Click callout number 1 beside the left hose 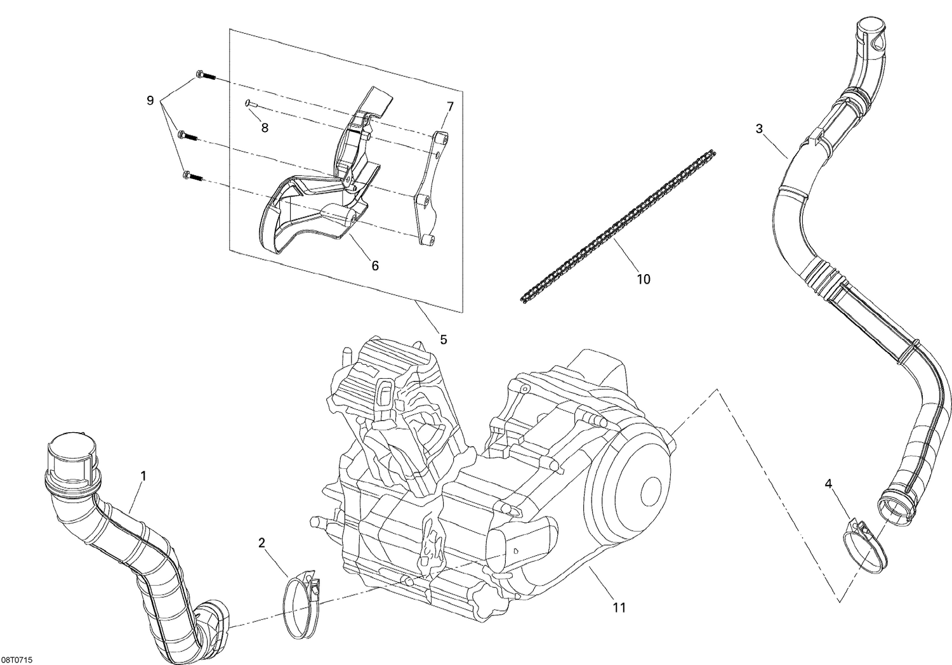pos(143,475)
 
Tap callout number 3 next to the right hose pos(759,129)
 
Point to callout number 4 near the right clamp pos(828,484)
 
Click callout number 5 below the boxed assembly pos(444,339)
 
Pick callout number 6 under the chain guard pos(375,266)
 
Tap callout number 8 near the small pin pos(265,128)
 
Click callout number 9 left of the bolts pos(150,100)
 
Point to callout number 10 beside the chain pos(644,279)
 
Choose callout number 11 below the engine pos(619,607)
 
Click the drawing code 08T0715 pos(17,660)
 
